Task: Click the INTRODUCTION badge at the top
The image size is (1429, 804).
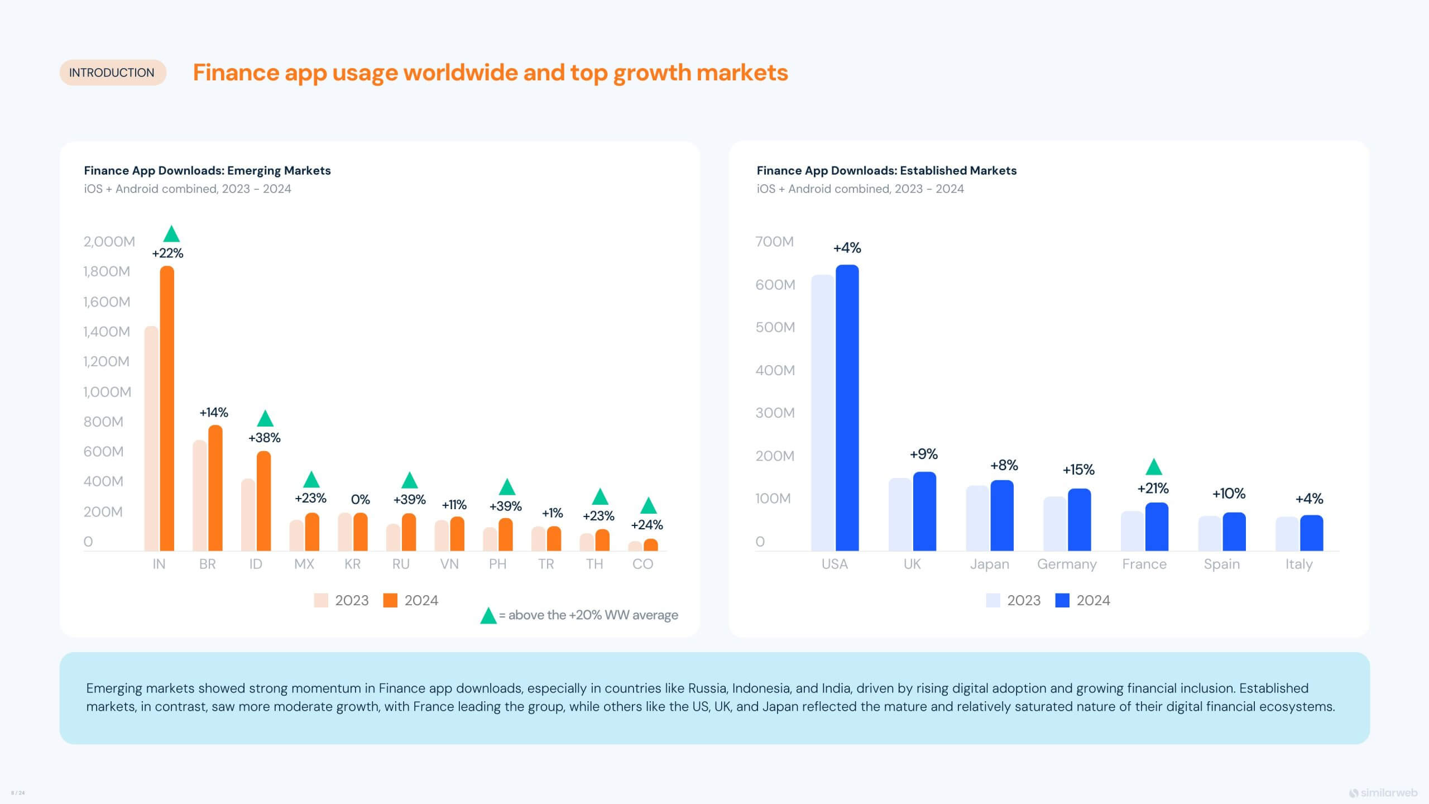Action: coord(112,73)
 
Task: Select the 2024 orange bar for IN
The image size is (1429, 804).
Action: coord(167,408)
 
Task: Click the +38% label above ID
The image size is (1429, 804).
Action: coord(264,438)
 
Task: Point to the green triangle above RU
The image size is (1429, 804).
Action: coord(410,480)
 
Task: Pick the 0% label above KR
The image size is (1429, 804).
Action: coord(360,499)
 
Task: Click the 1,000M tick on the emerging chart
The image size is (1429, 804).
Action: coord(107,392)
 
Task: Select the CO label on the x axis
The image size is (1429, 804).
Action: coord(642,564)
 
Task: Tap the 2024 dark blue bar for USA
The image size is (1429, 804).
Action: coord(847,408)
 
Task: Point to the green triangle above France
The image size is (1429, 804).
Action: coord(1153,467)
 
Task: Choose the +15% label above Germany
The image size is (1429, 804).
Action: coord(1078,470)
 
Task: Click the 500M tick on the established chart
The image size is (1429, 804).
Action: coord(775,327)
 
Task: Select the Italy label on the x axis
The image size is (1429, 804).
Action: coord(1298,564)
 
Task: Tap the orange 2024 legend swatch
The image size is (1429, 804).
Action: coord(390,600)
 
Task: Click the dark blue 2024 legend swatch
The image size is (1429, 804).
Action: coord(1062,600)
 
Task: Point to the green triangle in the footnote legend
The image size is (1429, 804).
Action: coord(488,616)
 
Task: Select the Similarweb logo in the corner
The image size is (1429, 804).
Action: coord(1383,793)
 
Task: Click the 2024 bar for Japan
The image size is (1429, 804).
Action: coord(1002,515)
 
